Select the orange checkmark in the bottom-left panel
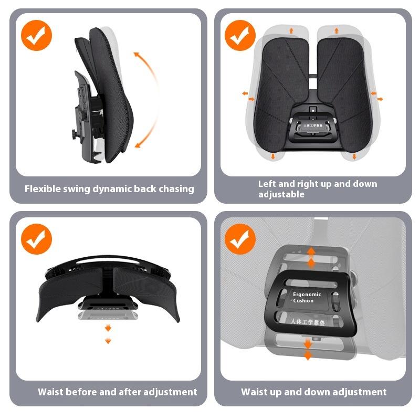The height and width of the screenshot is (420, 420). pos(36,239)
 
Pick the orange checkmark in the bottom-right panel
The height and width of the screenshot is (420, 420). pos(240,239)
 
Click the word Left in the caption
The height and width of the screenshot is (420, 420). pos(267,184)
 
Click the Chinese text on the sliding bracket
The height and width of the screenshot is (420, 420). pos(308,321)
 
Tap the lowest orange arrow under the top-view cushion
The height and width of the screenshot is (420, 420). pos(108,341)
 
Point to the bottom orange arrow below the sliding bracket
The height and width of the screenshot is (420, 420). pos(308,357)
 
